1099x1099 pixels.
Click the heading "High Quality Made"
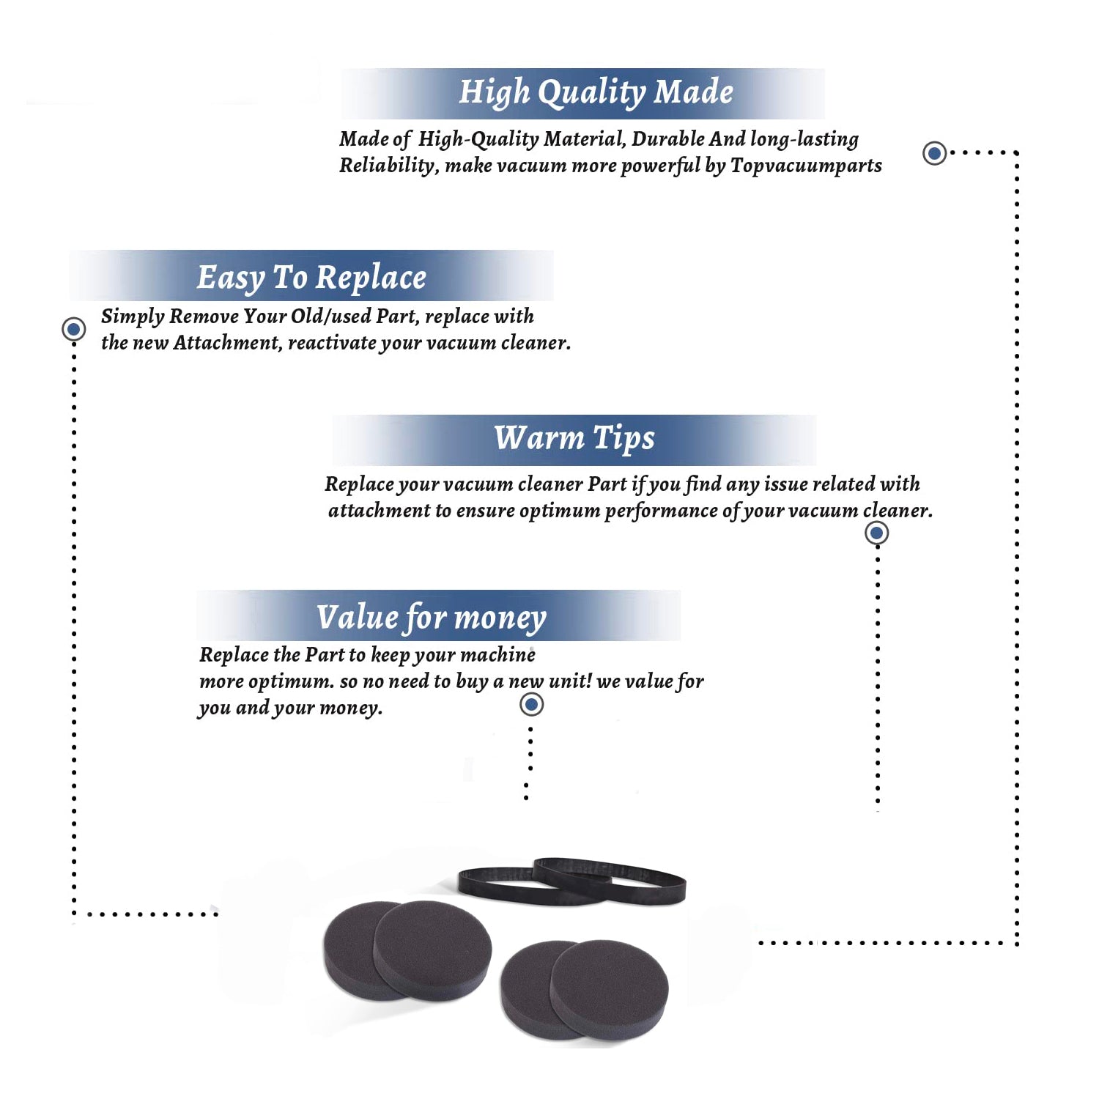pos(596,93)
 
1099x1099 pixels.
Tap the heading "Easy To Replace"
pos(311,278)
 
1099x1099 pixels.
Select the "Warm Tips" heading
pos(574,438)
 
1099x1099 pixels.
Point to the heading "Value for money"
pos(432,618)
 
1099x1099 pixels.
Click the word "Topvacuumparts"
pos(806,166)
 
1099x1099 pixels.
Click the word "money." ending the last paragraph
pos(351,708)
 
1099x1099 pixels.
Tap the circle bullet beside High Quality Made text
pos(934,153)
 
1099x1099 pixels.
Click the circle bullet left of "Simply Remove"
pos(73,329)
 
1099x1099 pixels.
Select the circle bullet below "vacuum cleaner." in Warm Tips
pos(877,533)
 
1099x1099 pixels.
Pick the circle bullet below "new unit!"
pos(531,705)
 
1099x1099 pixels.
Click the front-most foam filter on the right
pos(610,989)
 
